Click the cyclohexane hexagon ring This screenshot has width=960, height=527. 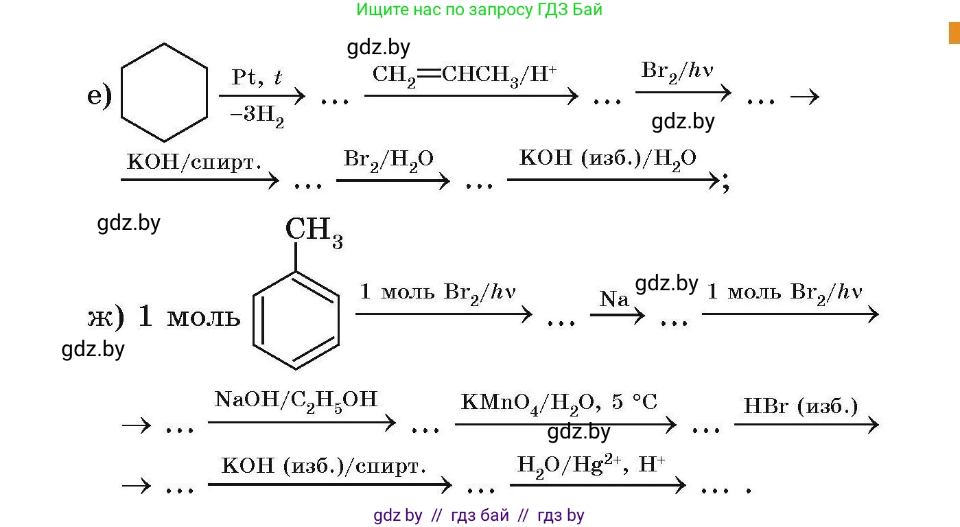click(164, 93)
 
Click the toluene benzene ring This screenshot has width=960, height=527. click(296, 320)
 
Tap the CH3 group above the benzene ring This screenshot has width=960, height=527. click(314, 231)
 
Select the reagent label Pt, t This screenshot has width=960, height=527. click(257, 77)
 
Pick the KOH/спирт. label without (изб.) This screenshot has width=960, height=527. click(194, 163)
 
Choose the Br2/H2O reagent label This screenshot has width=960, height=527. click(388, 161)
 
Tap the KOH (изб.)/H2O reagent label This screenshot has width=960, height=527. click(608, 159)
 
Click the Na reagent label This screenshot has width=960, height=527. click(614, 298)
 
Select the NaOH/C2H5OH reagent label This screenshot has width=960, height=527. click(296, 400)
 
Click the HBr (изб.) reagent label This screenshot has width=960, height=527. click(801, 406)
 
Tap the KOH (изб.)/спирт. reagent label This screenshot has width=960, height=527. click(324, 467)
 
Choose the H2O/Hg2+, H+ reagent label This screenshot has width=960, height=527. click(591, 465)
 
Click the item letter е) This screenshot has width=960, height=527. click(99, 97)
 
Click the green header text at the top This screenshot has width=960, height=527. click(479, 10)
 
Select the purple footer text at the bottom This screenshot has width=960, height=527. click(479, 515)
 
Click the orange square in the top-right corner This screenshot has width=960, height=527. click(954, 33)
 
